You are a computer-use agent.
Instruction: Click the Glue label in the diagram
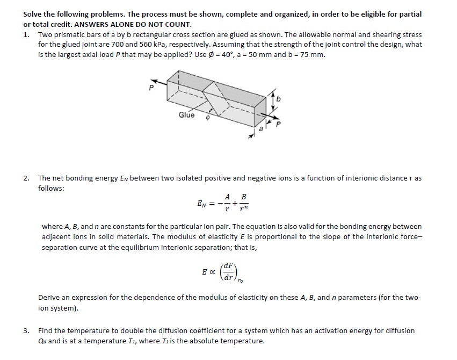(186, 115)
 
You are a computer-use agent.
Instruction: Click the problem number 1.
(26, 34)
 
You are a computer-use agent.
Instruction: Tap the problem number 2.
(26, 178)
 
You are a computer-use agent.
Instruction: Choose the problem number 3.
(26, 331)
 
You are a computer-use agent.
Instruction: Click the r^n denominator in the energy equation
(245, 208)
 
